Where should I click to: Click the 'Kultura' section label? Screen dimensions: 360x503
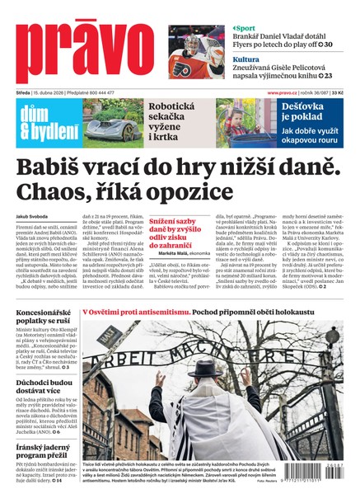(x=245, y=59)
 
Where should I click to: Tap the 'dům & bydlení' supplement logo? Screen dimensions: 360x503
(x=44, y=123)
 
